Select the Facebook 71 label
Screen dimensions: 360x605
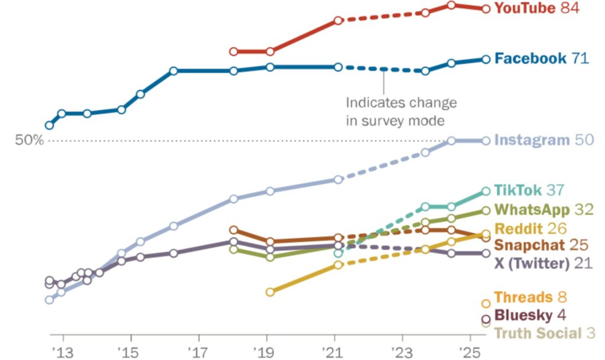pyautogui.click(x=541, y=59)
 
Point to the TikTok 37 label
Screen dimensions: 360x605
pyautogui.click(x=529, y=190)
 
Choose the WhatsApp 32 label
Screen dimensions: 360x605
pyautogui.click(x=544, y=210)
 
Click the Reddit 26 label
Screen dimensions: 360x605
pyautogui.click(x=530, y=229)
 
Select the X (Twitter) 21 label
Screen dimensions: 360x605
pyautogui.click(x=542, y=263)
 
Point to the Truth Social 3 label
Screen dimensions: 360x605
pyautogui.click(x=544, y=333)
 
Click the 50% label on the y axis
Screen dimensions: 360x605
pyautogui.click(x=30, y=141)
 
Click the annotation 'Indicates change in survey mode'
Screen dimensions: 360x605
pyautogui.click(x=401, y=111)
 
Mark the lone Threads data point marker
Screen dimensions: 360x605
pyautogui.click(x=486, y=303)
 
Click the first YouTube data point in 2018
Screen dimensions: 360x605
pyautogui.click(x=234, y=52)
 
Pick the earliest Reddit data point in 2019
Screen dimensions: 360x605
pyautogui.click(x=270, y=292)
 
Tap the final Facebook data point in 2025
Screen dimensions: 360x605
pyautogui.click(x=486, y=59)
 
